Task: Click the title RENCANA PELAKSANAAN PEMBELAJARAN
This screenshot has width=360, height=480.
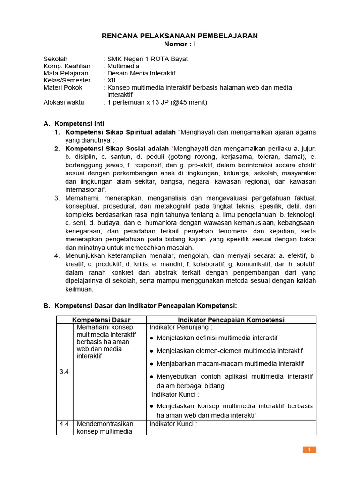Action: [180, 36]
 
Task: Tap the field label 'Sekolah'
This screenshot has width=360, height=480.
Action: [55, 59]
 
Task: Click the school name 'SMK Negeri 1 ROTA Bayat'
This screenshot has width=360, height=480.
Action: [148, 59]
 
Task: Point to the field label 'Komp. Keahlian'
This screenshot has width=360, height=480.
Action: [67, 66]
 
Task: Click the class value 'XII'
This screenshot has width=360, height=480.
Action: [112, 80]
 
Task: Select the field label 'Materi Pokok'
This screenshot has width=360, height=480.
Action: [63, 87]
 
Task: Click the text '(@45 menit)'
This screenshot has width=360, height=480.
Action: [188, 102]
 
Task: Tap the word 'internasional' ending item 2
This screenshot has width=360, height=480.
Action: [84, 189]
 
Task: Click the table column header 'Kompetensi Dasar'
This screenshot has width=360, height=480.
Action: [101, 320]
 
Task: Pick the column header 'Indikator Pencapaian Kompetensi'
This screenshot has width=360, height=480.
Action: [231, 320]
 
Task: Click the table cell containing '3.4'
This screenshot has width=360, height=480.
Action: [65, 372]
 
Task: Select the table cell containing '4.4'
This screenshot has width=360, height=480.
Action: [65, 424]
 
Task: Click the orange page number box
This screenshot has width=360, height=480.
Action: [309, 450]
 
